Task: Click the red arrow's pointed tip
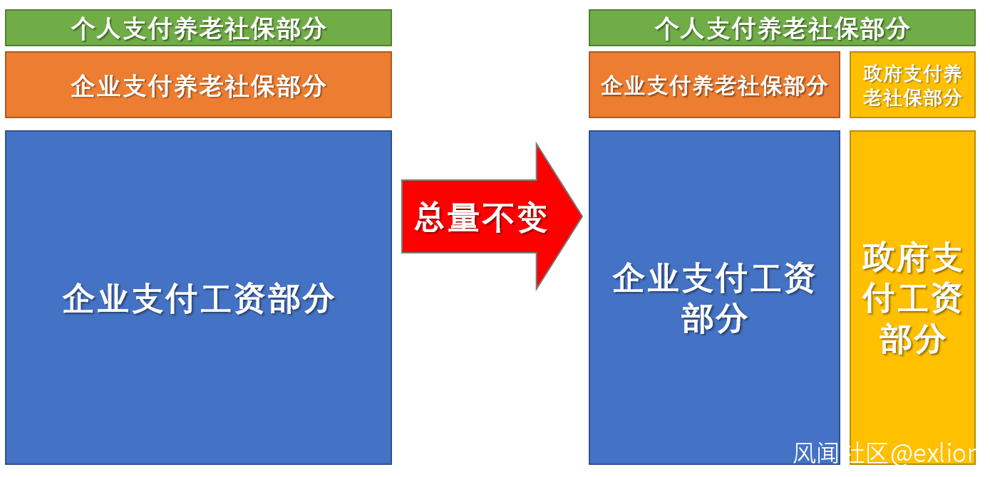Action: [x=582, y=216]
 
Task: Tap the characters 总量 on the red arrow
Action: [x=447, y=217]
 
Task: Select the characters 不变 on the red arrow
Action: [x=515, y=217]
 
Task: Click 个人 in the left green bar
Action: [x=96, y=28]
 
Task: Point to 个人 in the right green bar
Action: [x=680, y=28]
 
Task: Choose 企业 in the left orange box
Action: [x=96, y=85]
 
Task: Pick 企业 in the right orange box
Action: [x=623, y=85]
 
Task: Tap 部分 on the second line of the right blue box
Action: [x=714, y=318]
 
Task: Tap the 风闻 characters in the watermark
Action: [x=816, y=453]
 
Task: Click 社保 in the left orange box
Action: [x=249, y=85]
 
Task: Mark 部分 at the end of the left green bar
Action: [x=301, y=28]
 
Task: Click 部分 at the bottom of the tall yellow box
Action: [x=912, y=339]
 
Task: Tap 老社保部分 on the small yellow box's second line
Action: [x=912, y=97]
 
